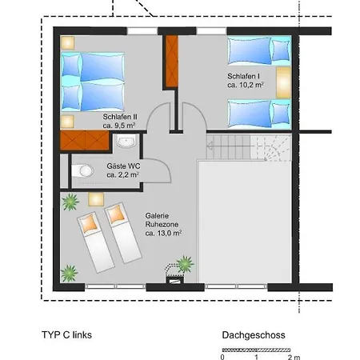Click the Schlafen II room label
click(120, 117)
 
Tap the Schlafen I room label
click(243, 76)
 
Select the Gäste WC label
click(123, 166)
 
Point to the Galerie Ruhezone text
click(162, 220)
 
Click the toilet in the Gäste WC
click(82, 170)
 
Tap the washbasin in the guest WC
click(126, 142)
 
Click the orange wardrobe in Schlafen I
click(172, 62)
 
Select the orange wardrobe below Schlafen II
click(85, 140)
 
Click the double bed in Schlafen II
click(93, 82)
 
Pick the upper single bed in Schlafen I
click(259, 51)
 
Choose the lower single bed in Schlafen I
click(259, 114)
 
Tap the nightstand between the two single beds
click(283, 82)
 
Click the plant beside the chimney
click(185, 264)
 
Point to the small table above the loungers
click(96, 199)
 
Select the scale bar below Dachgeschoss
click(256, 350)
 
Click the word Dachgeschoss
click(254, 335)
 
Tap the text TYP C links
click(66, 335)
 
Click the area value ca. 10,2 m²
click(246, 85)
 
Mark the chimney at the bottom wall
click(175, 281)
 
